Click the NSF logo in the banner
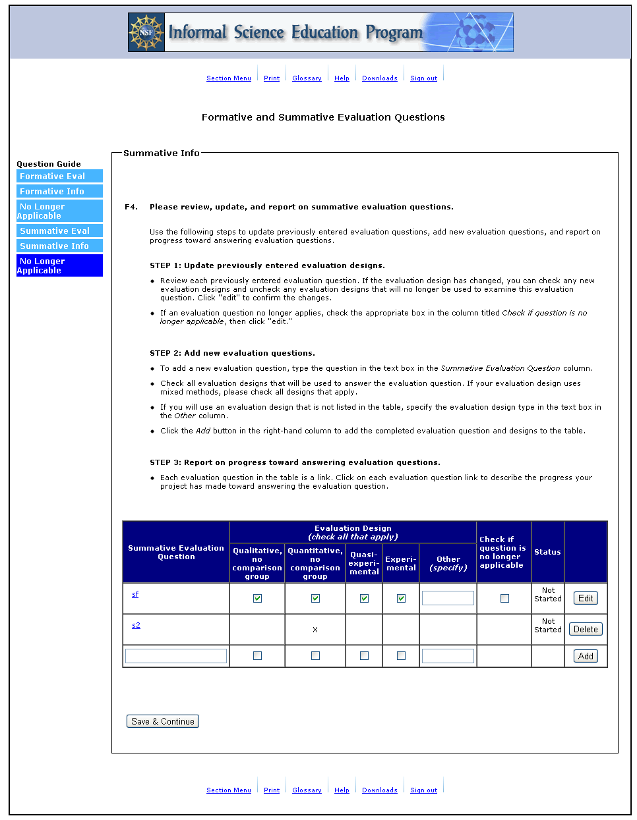146,32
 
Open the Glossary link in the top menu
307,78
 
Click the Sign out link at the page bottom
423,790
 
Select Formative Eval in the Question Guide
59,176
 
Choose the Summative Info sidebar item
59,246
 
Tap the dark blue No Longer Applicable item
59,265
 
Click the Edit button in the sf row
586,598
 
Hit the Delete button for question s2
586,629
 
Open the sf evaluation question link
135,594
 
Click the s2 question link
136,625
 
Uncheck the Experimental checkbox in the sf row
401,598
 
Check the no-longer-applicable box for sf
504,598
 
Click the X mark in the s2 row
315,630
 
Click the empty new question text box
176,655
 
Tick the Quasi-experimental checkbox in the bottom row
364,655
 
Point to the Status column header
547,552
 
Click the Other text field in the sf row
448,598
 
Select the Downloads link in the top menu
379,78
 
